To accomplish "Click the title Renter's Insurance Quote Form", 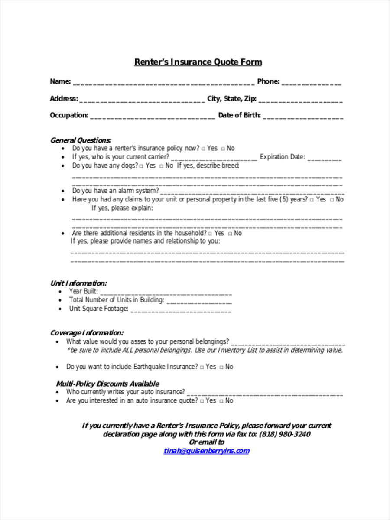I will click(198, 62).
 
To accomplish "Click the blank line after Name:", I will click(163, 82).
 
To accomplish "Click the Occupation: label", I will click(69, 115).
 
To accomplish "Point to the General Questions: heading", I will click(81, 140).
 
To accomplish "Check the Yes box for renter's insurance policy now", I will click(204, 149).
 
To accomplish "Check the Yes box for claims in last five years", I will click(312, 200).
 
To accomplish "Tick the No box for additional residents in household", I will click(231, 234).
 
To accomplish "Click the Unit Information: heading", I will click(78, 283).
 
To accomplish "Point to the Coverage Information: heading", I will click(87, 333).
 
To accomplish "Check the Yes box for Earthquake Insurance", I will click(201, 367).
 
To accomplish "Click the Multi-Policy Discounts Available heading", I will click(107, 383).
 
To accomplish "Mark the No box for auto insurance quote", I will click(221, 401).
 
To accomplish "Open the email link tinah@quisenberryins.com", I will click(206, 451).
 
